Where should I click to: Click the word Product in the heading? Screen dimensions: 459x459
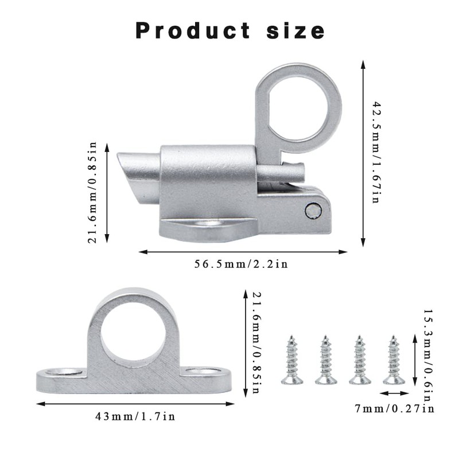click(x=193, y=30)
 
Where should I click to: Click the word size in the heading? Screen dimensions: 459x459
click(x=295, y=30)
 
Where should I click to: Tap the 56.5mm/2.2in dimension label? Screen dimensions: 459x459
click(x=241, y=264)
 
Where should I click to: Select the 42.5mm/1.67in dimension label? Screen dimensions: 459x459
click(x=376, y=152)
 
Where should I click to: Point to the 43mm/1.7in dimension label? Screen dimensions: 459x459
click(x=135, y=416)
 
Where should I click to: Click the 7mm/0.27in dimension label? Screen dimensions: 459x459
click(x=394, y=409)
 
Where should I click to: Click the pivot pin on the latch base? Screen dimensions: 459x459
click(x=313, y=211)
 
